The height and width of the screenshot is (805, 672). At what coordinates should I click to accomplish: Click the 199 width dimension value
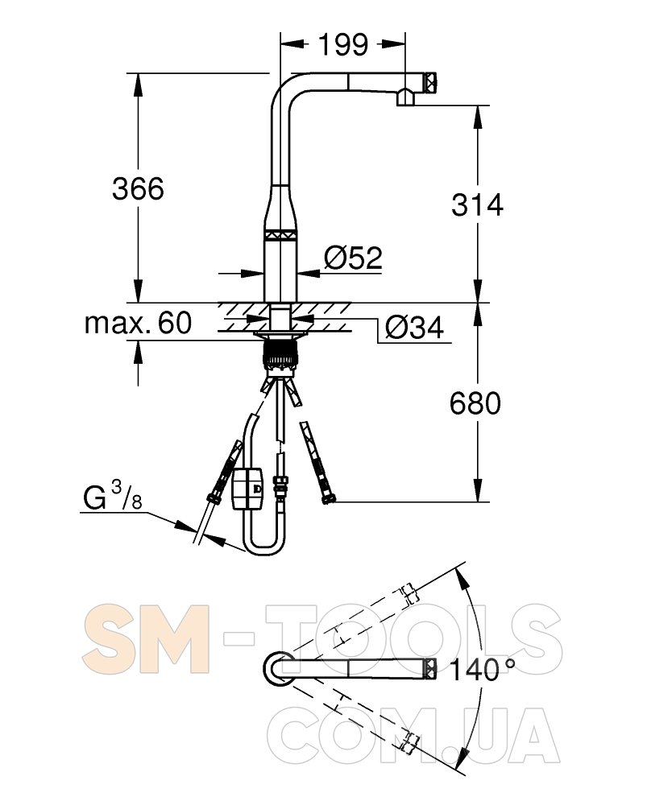(x=343, y=44)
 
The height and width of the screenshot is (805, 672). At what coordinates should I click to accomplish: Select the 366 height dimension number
(x=139, y=188)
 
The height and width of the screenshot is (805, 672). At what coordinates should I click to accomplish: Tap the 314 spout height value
(x=477, y=204)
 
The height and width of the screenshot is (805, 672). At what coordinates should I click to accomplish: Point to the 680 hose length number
(x=475, y=403)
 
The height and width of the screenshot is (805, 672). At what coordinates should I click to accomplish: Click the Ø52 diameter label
(x=354, y=258)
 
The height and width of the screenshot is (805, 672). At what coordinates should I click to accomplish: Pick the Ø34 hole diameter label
(x=414, y=327)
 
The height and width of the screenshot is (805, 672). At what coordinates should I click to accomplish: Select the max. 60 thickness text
(x=139, y=323)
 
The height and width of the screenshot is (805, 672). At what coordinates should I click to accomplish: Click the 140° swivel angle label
(x=482, y=670)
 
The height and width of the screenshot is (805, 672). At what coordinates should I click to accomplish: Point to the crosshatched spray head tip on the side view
(x=430, y=80)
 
